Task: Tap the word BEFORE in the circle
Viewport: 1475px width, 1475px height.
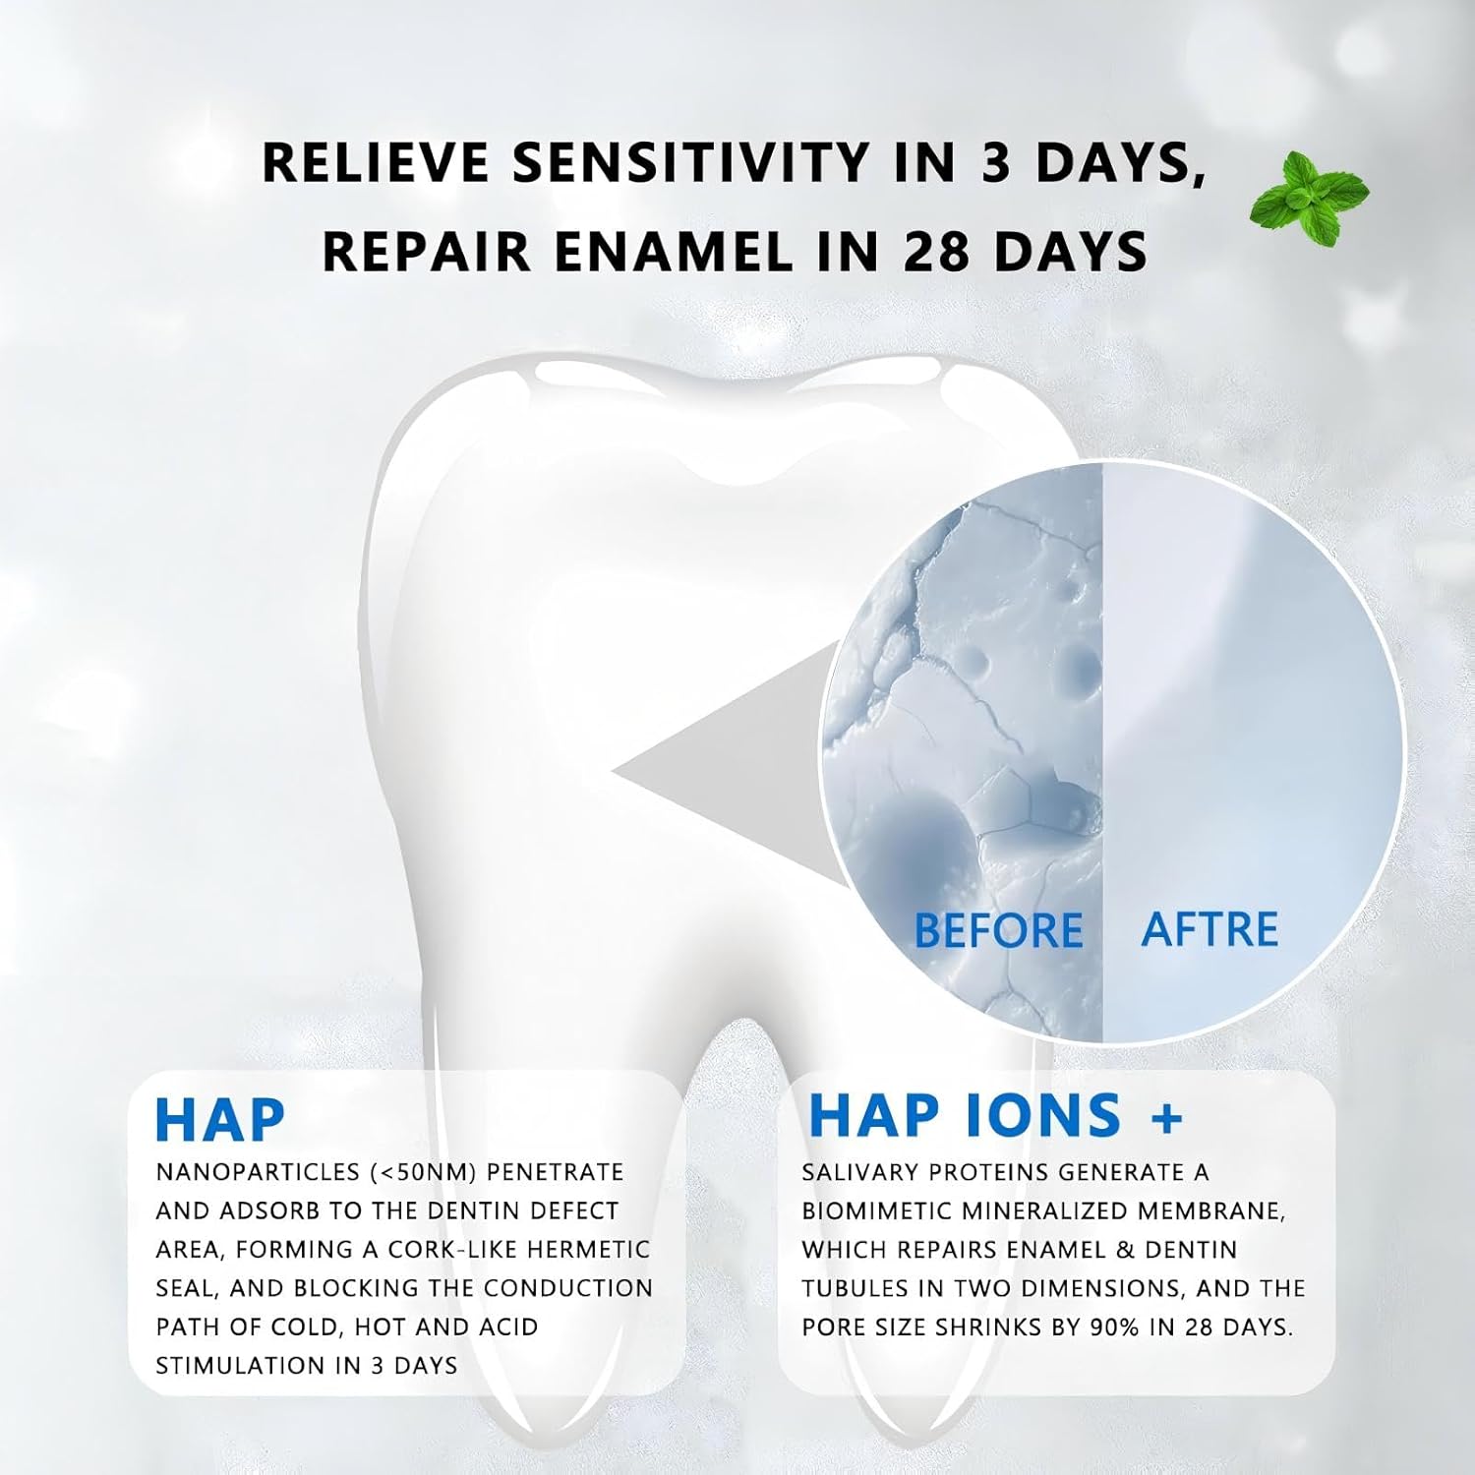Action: pyautogui.click(x=998, y=930)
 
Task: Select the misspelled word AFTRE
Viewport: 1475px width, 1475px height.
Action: pyautogui.click(x=1209, y=929)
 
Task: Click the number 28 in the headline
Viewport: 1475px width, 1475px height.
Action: pyautogui.click(x=939, y=251)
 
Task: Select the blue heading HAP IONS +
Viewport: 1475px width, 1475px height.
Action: pyautogui.click(x=995, y=1115)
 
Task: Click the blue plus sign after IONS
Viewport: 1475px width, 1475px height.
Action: pyautogui.click(x=1165, y=1118)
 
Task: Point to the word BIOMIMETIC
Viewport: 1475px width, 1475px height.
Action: pyautogui.click(x=888, y=1210)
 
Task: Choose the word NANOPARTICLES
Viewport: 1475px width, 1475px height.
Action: pyautogui.click(x=259, y=1172)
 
